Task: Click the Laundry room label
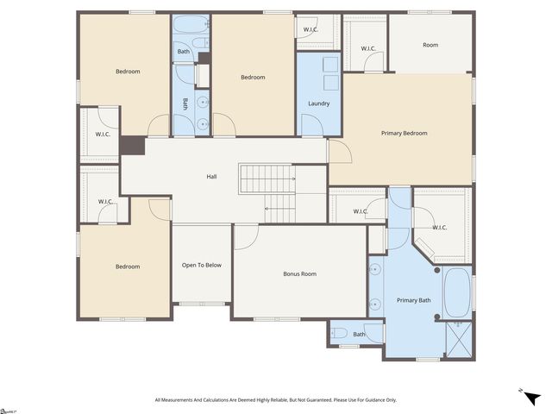coord(319,104)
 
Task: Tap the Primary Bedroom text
coord(404,133)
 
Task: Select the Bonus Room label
coord(299,274)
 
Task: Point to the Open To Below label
coord(202,265)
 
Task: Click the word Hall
coord(211,177)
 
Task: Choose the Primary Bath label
coord(413,300)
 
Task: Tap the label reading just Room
coord(430,45)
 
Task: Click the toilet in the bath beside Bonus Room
coord(339,333)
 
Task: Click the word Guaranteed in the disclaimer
coord(319,400)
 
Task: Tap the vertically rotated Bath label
coord(185,104)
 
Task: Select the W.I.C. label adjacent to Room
coord(367,48)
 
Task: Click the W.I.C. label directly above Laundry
coord(310,31)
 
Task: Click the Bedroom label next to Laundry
coord(253,78)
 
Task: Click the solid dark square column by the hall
coord(132,146)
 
